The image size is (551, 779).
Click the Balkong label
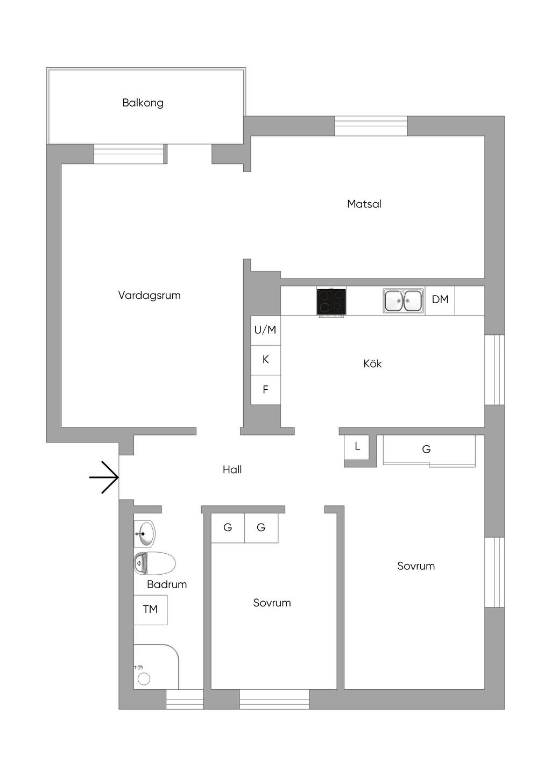[143, 103]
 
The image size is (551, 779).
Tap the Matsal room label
[364, 204]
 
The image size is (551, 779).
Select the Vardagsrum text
[149, 295]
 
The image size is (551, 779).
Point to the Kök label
[372, 364]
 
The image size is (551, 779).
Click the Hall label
[232, 470]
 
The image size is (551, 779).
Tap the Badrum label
[167, 584]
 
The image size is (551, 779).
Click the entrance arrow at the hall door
[104, 477]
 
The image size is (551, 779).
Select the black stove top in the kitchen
[331, 302]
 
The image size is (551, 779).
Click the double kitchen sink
[403, 301]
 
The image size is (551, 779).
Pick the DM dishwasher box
[440, 300]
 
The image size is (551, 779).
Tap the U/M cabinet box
[265, 330]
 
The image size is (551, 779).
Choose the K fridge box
[265, 360]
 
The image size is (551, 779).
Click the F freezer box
[265, 390]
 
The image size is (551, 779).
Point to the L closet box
[357, 447]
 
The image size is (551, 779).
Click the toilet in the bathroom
[155, 563]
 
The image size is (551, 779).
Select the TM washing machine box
[150, 609]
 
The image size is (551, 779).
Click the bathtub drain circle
[144, 678]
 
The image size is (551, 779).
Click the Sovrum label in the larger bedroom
[416, 566]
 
